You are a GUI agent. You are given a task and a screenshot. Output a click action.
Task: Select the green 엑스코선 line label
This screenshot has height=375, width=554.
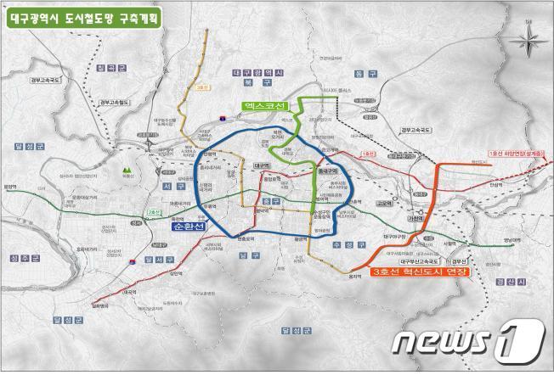(x=260, y=105)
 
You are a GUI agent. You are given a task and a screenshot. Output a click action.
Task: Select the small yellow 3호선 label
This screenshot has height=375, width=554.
(x=201, y=87)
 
